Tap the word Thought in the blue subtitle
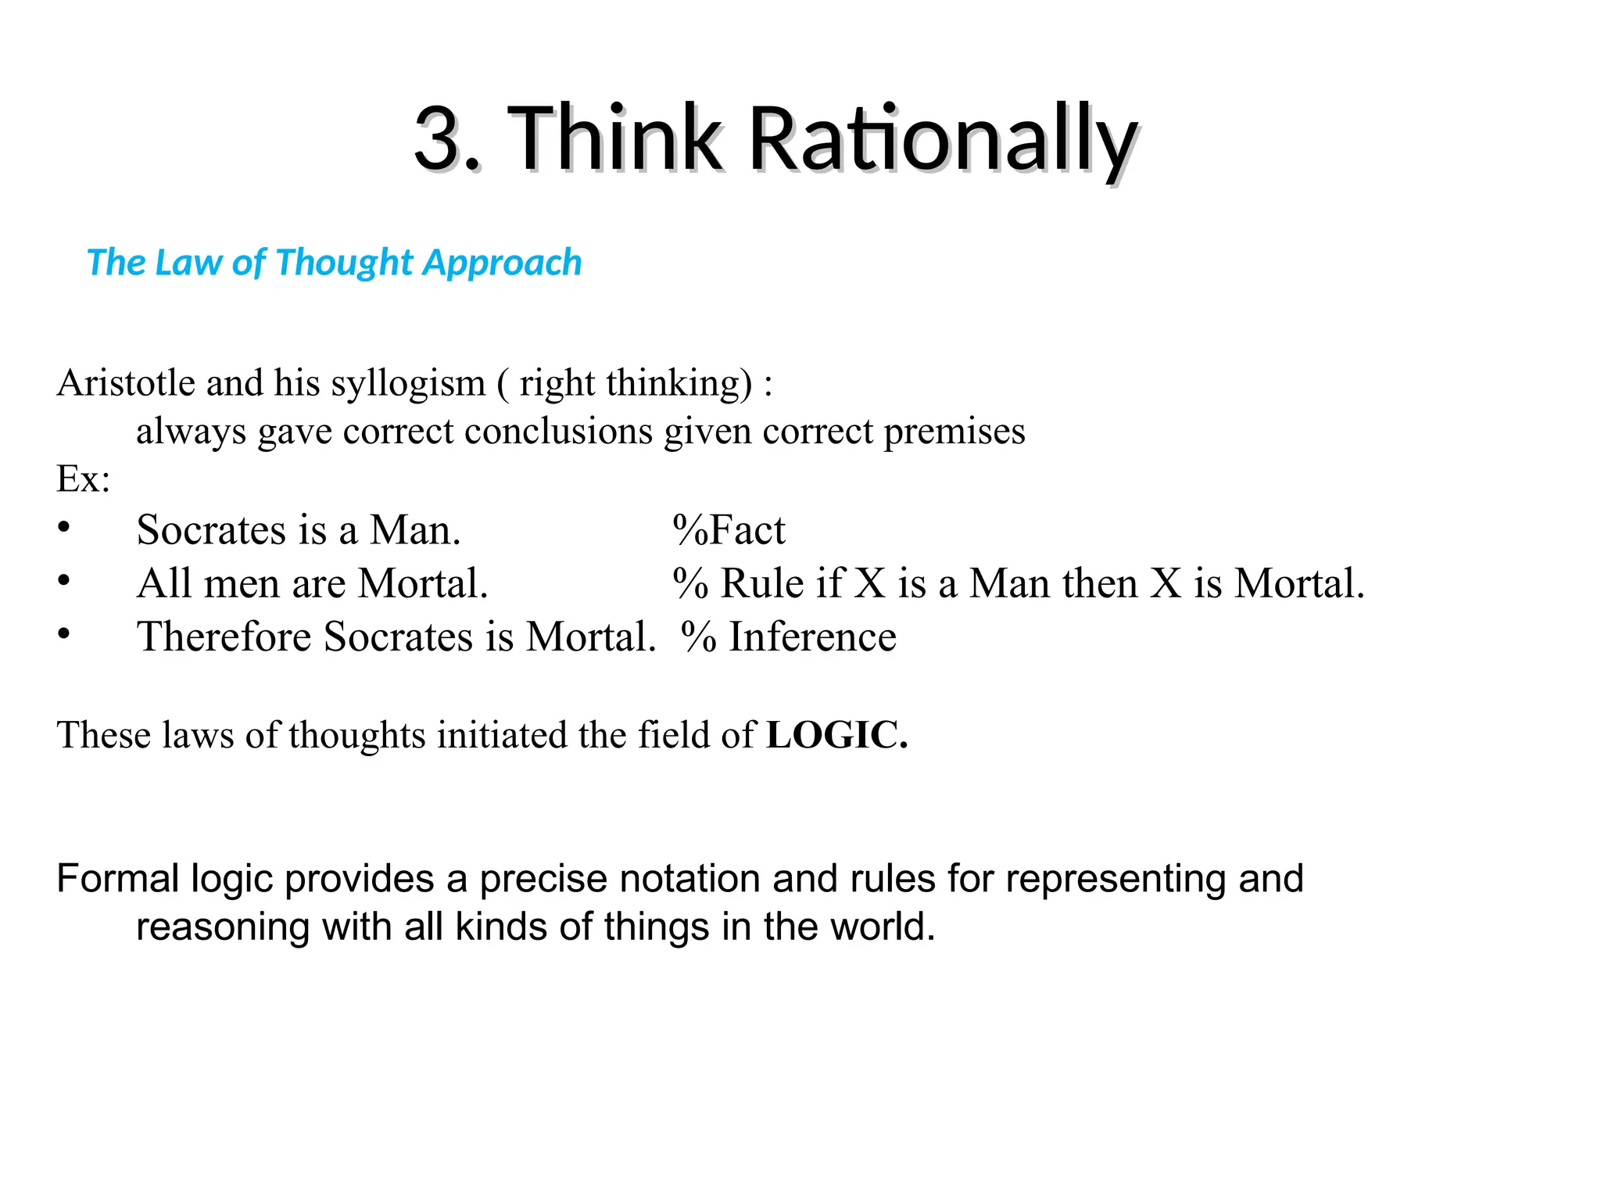click(x=344, y=263)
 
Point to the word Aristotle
click(x=126, y=383)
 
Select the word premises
click(x=954, y=432)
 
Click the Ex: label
click(x=83, y=479)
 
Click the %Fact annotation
click(x=729, y=530)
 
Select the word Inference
click(x=812, y=636)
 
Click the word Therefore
click(x=224, y=636)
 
